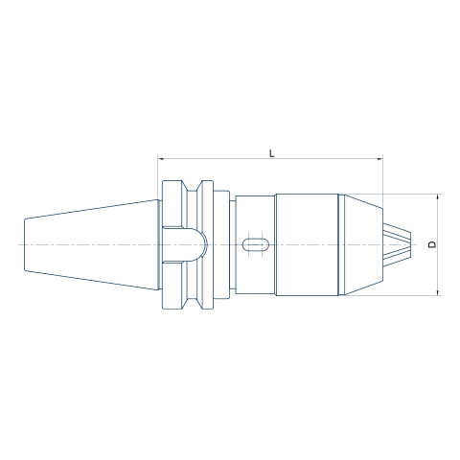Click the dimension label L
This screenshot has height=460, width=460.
(272, 153)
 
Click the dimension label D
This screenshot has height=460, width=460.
(432, 244)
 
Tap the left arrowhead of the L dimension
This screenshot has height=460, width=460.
(161, 158)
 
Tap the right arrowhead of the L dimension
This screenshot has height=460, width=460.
(379, 158)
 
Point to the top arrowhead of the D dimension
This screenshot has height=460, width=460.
(438, 196)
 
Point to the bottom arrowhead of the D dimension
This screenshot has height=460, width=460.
(438, 292)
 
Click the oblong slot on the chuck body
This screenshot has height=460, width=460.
(256, 244)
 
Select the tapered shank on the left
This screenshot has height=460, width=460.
(92, 244)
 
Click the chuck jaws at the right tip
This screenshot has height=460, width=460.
(397, 244)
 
